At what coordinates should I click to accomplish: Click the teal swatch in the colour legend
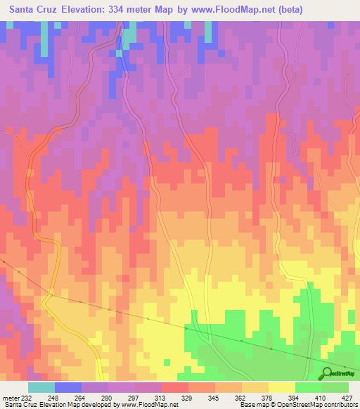(x=41, y=387)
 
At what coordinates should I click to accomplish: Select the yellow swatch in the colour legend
(x=281, y=387)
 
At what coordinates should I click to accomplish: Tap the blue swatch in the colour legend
(x=67, y=387)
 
